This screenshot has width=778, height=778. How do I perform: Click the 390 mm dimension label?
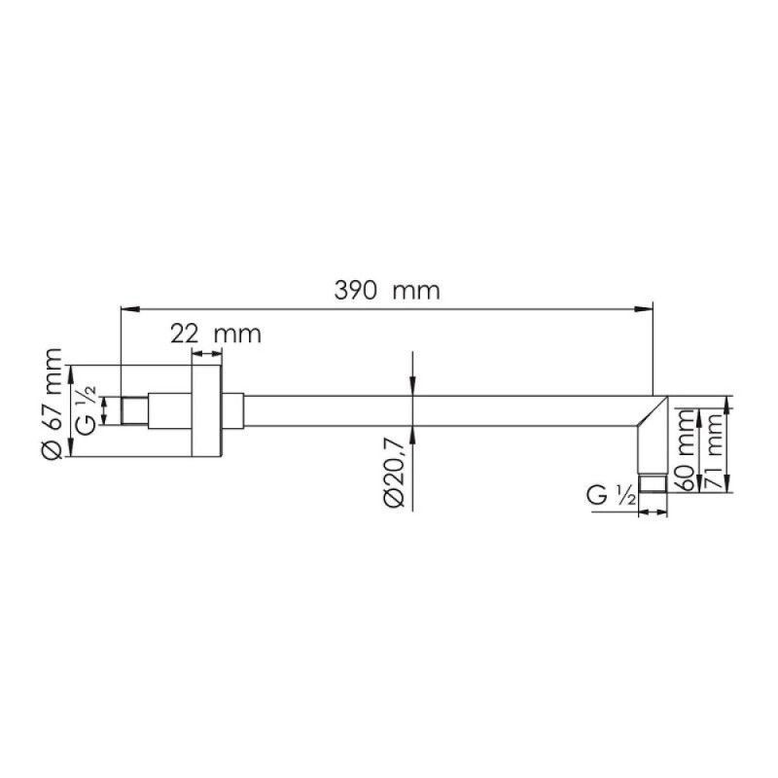coord(387,291)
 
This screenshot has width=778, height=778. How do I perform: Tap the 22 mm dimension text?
coord(216,334)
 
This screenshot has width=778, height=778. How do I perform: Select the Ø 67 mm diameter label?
coord(53,404)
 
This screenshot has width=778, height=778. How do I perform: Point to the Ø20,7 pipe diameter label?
coord(395,471)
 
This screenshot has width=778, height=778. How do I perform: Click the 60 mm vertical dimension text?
coord(688,450)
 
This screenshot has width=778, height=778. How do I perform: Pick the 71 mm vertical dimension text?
coord(715,450)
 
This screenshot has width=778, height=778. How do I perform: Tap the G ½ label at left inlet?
coord(88,411)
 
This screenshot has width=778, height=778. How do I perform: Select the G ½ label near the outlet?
coord(611,496)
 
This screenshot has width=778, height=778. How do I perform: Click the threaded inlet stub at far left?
coord(134,410)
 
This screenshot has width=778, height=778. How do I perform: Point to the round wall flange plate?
coord(206,410)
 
